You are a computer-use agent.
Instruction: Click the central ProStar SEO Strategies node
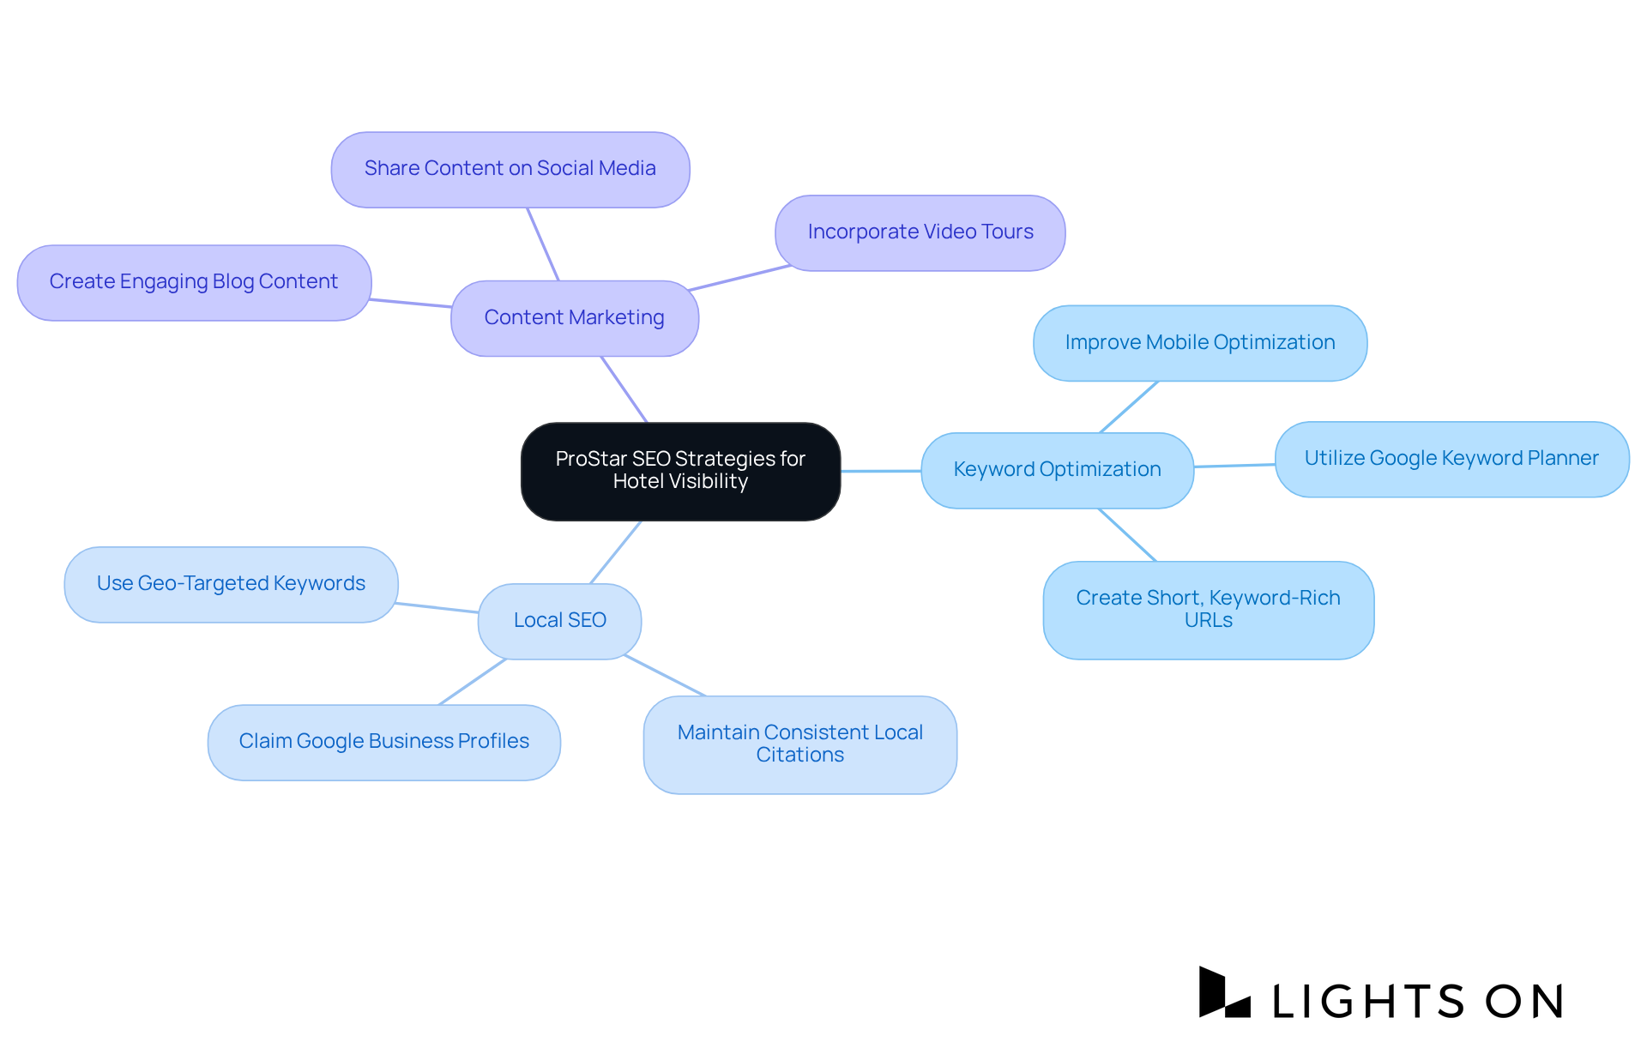(680, 471)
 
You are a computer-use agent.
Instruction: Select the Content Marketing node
(574, 318)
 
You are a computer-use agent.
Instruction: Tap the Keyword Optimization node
(1057, 470)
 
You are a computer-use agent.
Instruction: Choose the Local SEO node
(559, 621)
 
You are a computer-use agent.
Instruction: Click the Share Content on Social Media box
(510, 169)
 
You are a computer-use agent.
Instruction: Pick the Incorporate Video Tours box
(920, 232)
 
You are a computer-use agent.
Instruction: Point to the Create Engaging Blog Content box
(194, 282)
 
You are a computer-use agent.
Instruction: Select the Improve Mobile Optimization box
(1199, 343)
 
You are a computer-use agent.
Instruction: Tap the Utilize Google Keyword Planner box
(1451, 459)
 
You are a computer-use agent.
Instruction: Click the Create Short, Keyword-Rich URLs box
(1208, 610)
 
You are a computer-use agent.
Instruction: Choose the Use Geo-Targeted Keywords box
(231, 584)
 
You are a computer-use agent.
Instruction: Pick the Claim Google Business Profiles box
(383, 742)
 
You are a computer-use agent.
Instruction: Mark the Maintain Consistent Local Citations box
(799, 744)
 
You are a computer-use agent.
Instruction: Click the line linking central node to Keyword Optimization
(881, 471)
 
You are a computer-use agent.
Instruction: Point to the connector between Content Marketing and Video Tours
(739, 278)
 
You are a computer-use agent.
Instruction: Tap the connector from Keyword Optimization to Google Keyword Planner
(1234, 466)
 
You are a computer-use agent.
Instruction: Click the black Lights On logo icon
(1223, 993)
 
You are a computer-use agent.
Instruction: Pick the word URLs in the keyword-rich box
(1208, 621)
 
